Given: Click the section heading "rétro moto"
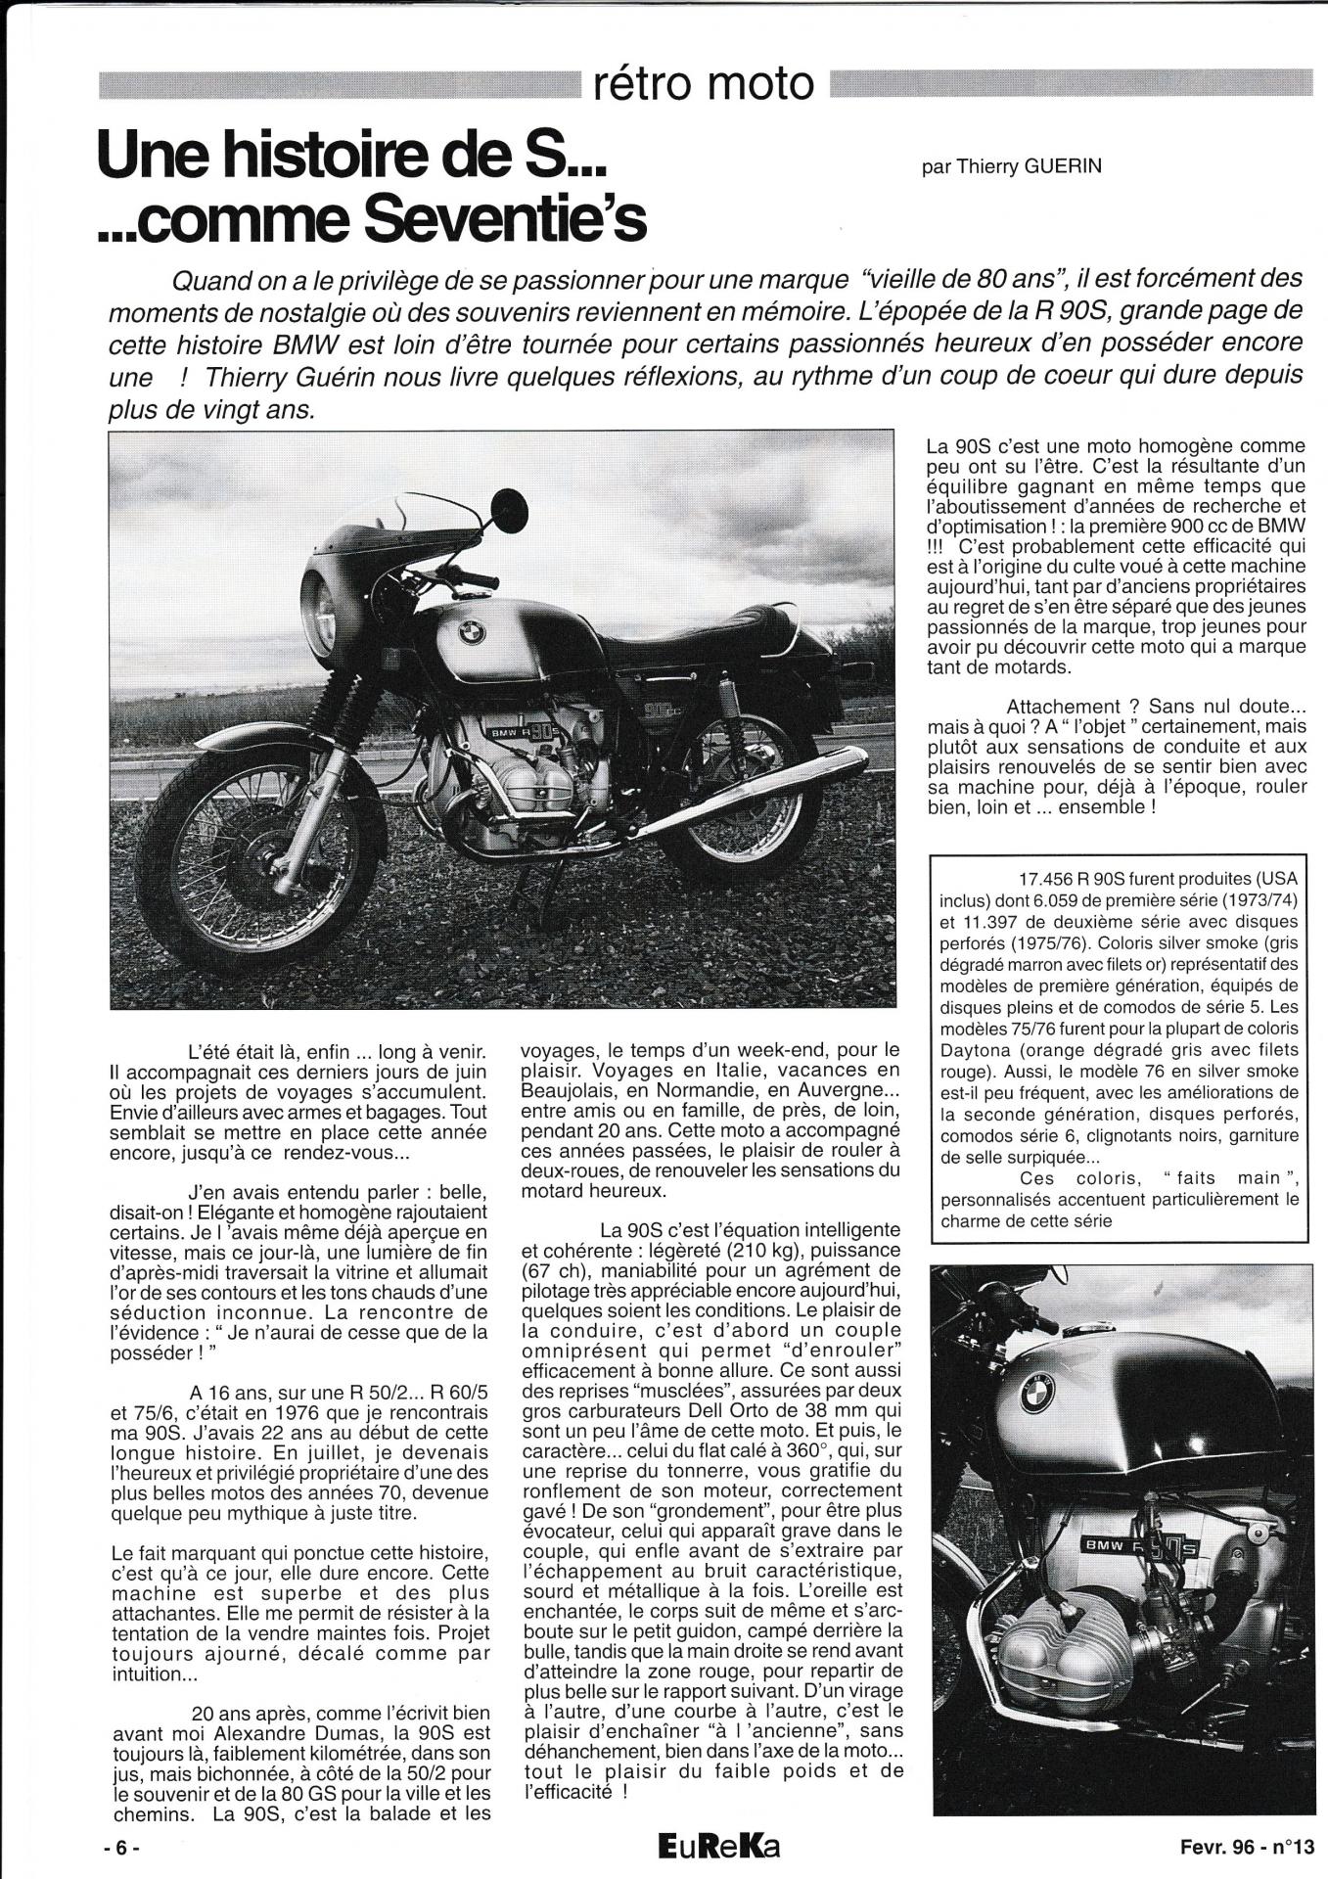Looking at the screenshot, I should (x=703, y=85).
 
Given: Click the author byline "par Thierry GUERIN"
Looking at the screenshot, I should (x=1011, y=166).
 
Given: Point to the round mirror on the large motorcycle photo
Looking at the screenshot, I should (x=507, y=510).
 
